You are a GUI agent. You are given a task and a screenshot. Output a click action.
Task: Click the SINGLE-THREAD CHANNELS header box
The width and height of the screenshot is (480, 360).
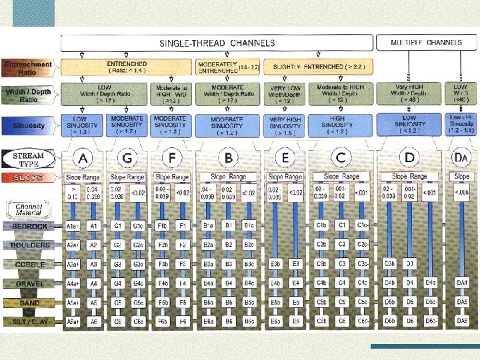[x=217, y=43]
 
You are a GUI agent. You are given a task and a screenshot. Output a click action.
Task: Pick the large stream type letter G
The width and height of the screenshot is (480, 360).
[x=125, y=159]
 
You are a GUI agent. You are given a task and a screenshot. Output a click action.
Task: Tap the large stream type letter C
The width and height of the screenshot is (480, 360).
[x=341, y=159]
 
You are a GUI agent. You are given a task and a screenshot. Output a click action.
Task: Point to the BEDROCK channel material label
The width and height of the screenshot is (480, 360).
[x=30, y=226]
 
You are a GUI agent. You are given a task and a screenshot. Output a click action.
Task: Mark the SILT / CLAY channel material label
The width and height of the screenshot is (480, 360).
[x=30, y=321]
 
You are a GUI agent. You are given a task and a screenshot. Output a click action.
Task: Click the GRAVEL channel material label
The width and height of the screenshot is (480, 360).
[x=30, y=283]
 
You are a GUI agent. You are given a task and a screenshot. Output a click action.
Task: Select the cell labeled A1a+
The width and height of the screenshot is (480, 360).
[x=73, y=226]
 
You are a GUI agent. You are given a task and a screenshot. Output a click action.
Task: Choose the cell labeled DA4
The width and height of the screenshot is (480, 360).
[x=462, y=283]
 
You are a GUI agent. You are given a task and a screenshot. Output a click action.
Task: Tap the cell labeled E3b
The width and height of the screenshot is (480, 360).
[x=275, y=264]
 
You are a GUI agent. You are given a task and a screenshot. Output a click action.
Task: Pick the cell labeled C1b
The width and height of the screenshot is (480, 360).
[x=322, y=225]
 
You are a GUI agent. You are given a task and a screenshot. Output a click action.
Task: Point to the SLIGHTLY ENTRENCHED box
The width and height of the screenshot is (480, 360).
[x=318, y=67]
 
